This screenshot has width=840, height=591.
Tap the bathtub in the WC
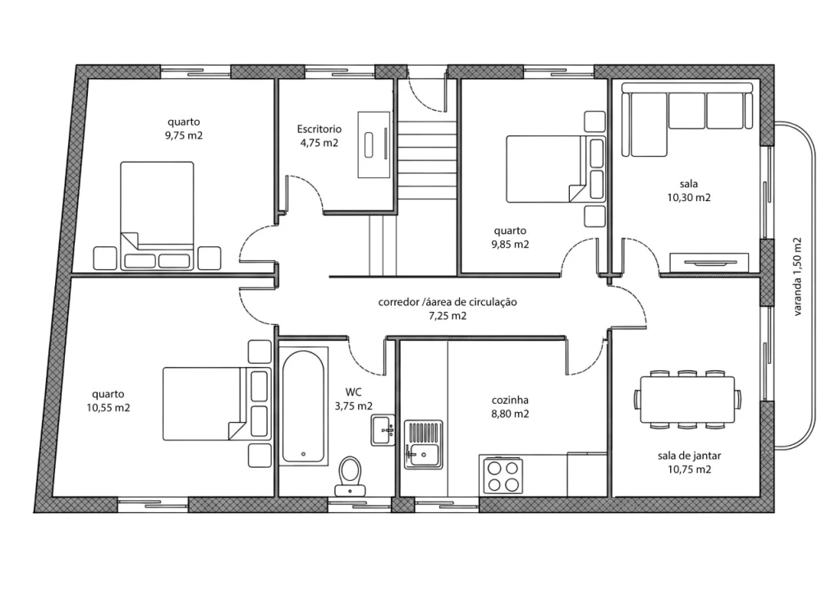(x=303, y=405)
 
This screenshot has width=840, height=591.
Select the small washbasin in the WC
(x=383, y=430)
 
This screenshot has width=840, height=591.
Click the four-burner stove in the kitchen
(x=503, y=476)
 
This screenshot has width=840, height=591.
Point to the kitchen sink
(x=423, y=445)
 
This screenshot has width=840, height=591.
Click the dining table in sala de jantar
(x=687, y=400)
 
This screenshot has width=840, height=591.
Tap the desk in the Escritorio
(x=374, y=144)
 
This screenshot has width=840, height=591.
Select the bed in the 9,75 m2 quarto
(x=157, y=215)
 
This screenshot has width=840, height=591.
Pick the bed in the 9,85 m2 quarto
(x=556, y=169)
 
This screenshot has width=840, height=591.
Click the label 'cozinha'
(x=510, y=400)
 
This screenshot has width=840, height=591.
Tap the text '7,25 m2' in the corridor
(x=448, y=316)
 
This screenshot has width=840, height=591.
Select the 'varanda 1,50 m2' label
(x=797, y=277)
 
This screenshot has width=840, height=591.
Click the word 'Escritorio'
(x=319, y=129)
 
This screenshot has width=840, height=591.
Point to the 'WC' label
(x=354, y=392)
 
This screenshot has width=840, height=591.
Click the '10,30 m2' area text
(x=689, y=198)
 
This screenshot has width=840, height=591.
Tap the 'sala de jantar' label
(x=690, y=456)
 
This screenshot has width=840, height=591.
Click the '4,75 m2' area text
(x=319, y=143)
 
